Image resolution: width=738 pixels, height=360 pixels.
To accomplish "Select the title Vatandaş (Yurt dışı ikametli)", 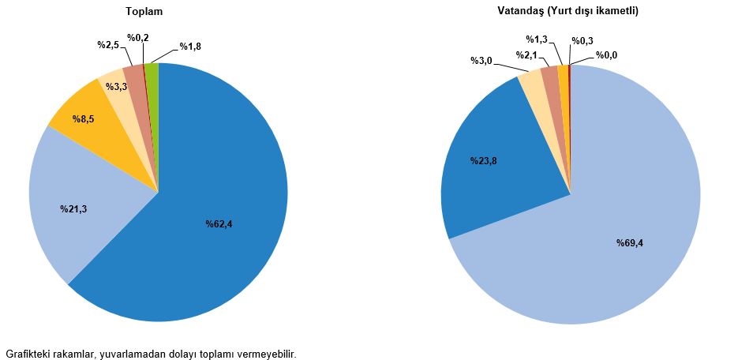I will tap(568, 11).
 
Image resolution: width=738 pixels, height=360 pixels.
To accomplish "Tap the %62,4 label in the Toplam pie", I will tap(219, 224).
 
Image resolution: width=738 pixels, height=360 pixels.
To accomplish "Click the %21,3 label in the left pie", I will tap(73, 209).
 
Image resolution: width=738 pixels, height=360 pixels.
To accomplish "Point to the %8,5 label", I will tap(84, 119).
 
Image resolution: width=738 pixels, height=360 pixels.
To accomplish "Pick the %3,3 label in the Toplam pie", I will tap(117, 87).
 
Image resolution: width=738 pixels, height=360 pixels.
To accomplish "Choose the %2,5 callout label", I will tap(108, 46).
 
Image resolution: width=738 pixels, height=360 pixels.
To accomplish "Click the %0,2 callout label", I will tap(138, 38).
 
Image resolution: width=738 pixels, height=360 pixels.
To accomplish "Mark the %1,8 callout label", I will tap(190, 47).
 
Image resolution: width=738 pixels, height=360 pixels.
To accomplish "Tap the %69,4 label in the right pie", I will tap(630, 243).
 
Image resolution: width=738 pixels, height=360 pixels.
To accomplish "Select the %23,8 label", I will tap(483, 161).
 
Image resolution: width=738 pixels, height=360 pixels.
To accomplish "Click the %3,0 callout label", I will tap(481, 61).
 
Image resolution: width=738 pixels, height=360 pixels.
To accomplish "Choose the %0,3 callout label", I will tap(583, 40).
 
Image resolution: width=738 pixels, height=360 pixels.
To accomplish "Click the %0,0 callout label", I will tap(606, 55).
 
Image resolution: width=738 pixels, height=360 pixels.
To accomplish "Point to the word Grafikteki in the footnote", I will tap(27, 353).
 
